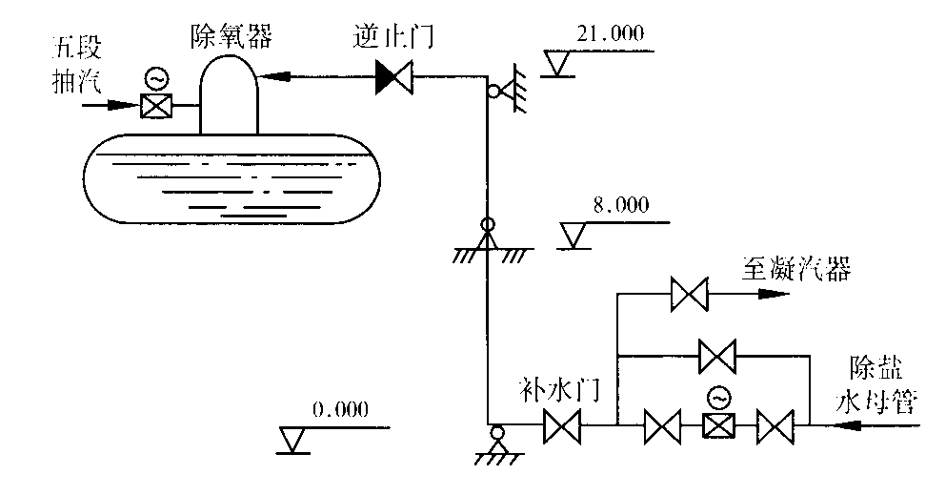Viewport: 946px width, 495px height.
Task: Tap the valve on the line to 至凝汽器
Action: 686,295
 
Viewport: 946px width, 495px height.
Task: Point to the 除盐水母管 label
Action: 873,386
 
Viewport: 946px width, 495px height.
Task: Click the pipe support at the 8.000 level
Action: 488,237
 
